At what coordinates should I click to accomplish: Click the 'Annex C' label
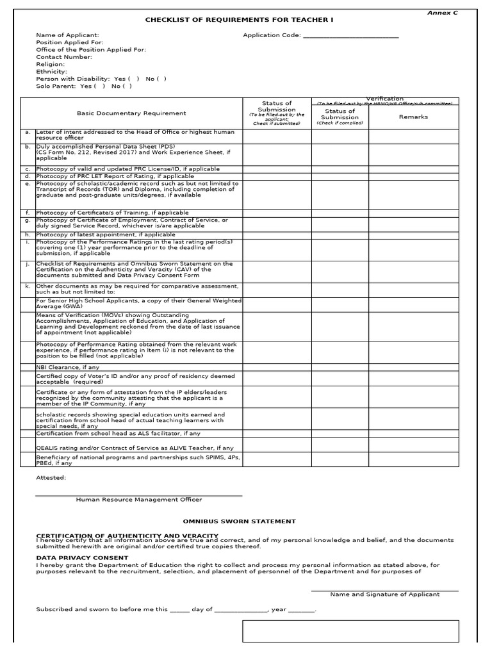click(x=447, y=12)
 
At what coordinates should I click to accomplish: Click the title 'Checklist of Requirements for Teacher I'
click(x=239, y=20)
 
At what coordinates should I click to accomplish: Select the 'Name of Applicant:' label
click(x=67, y=35)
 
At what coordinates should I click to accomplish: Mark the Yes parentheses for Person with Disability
click(x=133, y=79)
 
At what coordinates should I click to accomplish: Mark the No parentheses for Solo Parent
click(x=127, y=86)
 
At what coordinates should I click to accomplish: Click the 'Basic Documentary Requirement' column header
click(x=131, y=113)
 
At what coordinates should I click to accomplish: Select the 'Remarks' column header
click(x=413, y=117)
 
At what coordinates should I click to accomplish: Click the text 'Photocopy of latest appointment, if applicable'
click(x=106, y=234)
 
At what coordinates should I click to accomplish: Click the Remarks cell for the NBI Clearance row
click(x=413, y=367)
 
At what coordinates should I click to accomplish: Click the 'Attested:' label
click(x=51, y=477)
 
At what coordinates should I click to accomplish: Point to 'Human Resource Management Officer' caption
click(x=138, y=500)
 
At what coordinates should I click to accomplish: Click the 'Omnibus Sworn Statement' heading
click(x=240, y=521)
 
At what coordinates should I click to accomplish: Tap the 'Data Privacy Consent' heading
click(x=73, y=558)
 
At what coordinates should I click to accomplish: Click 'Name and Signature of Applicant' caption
click(x=384, y=594)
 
